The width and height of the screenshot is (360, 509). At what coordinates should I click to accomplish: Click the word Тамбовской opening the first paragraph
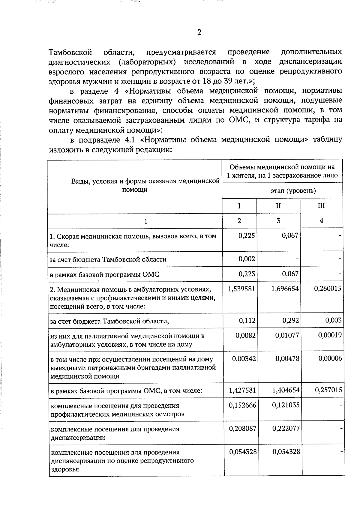[x=70, y=52]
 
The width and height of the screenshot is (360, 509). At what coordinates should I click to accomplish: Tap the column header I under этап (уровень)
[x=239, y=206]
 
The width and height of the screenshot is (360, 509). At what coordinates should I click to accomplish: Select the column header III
[x=321, y=206]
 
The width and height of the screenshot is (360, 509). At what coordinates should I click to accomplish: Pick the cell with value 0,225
[x=247, y=236]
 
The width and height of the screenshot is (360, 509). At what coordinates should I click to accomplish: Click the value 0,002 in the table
[x=247, y=259]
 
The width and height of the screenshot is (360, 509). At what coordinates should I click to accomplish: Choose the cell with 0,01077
[x=287, y=335]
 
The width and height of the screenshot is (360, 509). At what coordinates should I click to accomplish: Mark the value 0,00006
[x=330, y=358]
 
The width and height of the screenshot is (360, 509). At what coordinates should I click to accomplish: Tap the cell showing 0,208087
[x=242, y=429]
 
